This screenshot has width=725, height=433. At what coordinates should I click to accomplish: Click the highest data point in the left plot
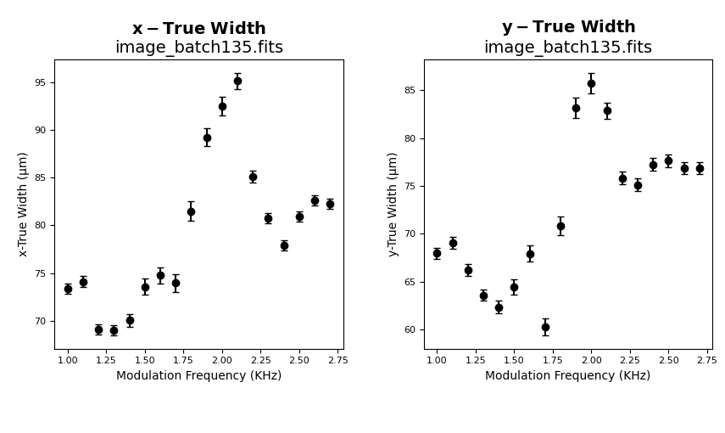point(237,82)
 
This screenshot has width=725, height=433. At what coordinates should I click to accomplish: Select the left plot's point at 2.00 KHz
point(222,106)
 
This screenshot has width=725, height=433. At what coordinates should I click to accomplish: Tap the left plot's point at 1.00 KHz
point(68,289)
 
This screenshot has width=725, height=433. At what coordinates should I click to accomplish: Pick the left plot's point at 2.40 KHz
point(284,245)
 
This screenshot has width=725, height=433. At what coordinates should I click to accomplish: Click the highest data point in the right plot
point(591,83)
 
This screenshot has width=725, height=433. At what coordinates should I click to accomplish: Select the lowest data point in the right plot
point(545,327)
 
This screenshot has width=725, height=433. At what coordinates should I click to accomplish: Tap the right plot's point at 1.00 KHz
point(437,253)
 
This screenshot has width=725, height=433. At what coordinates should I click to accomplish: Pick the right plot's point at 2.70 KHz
point(700,168)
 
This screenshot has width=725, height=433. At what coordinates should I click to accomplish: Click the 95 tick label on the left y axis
point(41,83)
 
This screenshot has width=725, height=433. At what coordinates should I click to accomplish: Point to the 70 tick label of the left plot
point(41,322)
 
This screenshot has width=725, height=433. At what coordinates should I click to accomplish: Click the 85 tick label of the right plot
point(410,91)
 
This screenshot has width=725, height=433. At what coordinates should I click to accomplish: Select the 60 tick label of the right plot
point(410,330)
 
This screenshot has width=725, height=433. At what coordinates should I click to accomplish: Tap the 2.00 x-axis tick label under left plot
point(222,360)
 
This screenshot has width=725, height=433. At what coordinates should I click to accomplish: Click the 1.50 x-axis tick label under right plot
point(514,360)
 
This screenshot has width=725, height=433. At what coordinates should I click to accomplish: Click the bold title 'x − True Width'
point(198,29)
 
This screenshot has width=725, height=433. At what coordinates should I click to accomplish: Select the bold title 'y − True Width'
point(568,27)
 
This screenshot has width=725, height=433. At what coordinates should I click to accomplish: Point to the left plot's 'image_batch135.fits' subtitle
point(198,48)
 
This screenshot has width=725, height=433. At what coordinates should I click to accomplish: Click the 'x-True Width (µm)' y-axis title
point(23,204)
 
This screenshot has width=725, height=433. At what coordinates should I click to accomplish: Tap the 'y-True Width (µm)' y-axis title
point(393,204)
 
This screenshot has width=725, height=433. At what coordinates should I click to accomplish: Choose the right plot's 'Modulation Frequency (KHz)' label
point(567,375)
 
